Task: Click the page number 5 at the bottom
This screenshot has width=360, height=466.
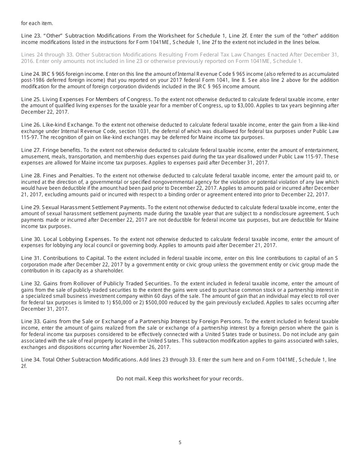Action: pos(180,442)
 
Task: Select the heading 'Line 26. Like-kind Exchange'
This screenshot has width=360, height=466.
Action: pos(57,124)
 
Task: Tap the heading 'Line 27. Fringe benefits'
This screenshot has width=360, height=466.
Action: pos(51,150)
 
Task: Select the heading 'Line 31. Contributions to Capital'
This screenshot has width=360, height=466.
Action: pos(63,258)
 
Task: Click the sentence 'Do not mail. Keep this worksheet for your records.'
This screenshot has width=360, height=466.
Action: pos(180,378)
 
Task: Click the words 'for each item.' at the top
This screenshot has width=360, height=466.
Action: pos(37,23)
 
